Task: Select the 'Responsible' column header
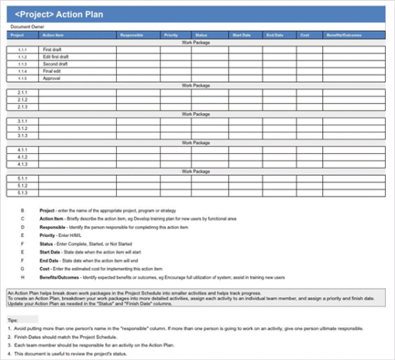coord(131,35)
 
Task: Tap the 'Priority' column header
coord(171,35)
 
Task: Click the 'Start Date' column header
coord(242,35)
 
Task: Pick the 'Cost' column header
coord(305,35)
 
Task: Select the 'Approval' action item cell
coord(52,78)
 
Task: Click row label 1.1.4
coord(22,71)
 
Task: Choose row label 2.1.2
coord(22,100)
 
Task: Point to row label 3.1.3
coord(22,135)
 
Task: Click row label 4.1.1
coord(22,149)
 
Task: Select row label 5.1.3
coord(22,192)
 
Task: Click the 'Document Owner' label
coord(26,26)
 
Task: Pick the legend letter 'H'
coord(22,276)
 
